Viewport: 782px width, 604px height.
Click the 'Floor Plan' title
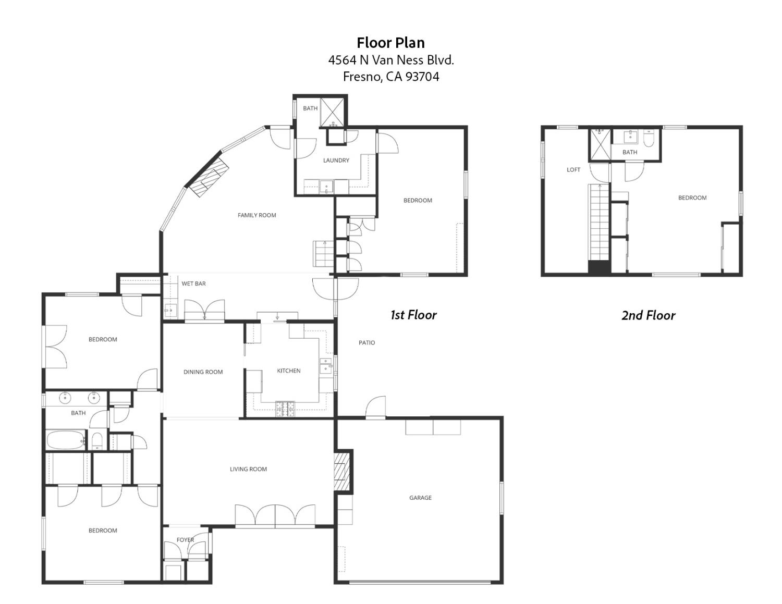pyautogui.click(x=391, y=43)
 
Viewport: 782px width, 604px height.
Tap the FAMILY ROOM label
pyautogui.click(x=256, y=215)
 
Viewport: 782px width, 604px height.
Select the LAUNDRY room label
pyautogui.click(x=336, y=161)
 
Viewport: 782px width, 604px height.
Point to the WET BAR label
pyautogui.click(x=193, y=283)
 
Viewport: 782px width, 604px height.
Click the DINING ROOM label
pyautogui.click(x=203, y=372)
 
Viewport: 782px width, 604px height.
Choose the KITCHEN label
pyautogui.click(x=289, y=371)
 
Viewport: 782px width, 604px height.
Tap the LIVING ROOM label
pyautogui.click(x=248, y=469)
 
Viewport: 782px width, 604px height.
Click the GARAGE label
pyautogui.click(x=420, y=498)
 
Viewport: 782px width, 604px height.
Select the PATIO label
pyautogui.click(x=366, y=343)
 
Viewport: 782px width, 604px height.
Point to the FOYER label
pyautogui.click(x=185, y=539)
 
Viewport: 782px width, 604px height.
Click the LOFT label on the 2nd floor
pyautogui.click(x=573, y=170)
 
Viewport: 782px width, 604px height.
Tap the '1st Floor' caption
pyautogui.click(x=413, y=315)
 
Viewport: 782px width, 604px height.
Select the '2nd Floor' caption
pyautogui.click(x=649, y=315)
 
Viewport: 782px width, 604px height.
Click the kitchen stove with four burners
pyautogui.click(x=285, y=409)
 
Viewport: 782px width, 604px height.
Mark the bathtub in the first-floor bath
pyautogui.click(x=66, y=440)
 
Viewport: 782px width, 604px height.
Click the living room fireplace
pyautogui.click(x=342, y=471)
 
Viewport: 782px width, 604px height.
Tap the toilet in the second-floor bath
pyautogui.click(x=649, y=139)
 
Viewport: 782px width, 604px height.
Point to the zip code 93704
pyautogui.click(x=422, y=77)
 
